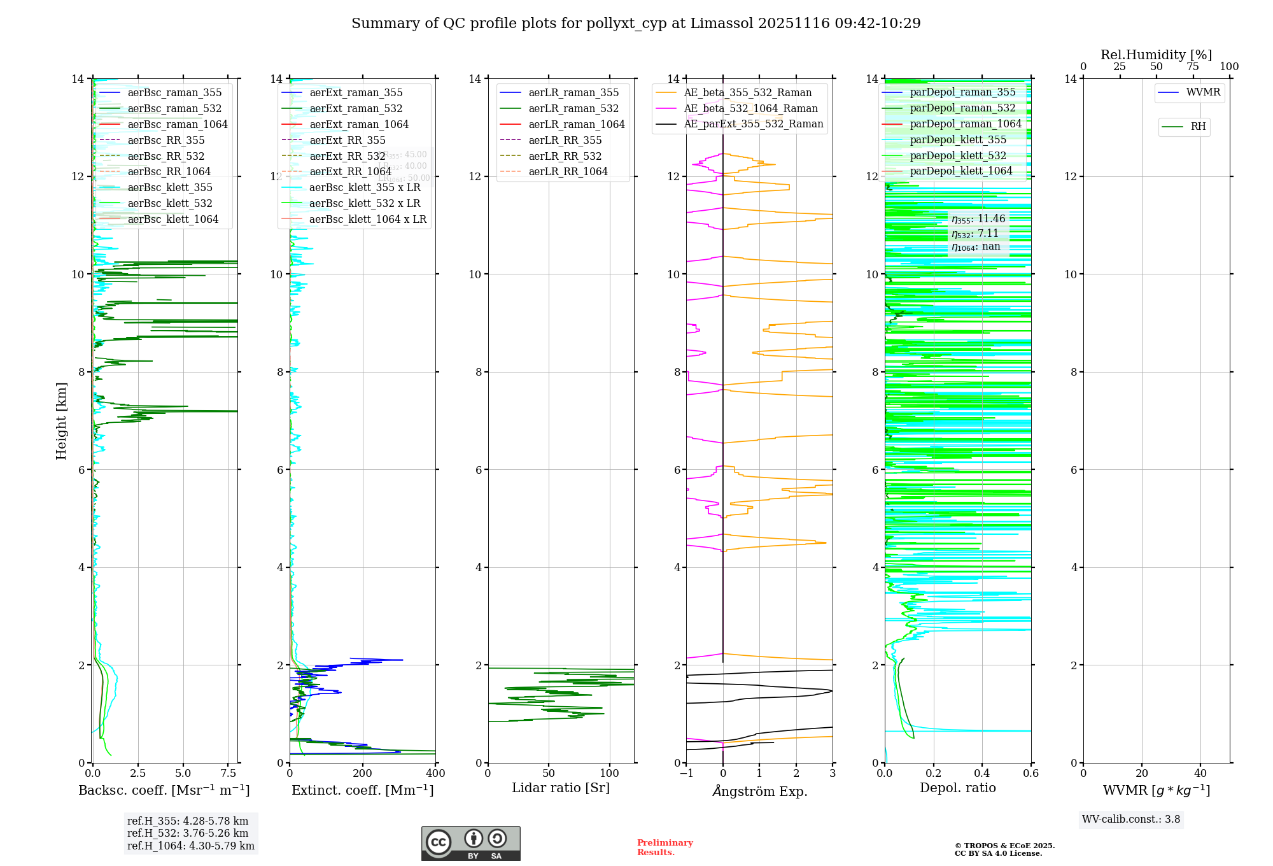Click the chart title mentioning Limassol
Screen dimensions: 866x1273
click(x=636, y=24)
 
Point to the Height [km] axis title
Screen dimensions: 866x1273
click(x=61, y=421)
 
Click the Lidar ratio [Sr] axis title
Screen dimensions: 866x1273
click(x=561, y=788)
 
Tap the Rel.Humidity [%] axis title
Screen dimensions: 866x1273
click(x=1156, y=55)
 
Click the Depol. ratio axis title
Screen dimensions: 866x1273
click(x=957, y=788)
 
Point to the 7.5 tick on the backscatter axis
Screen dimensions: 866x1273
click(x=229, y=774)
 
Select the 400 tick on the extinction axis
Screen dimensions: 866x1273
click(x=435, y=774)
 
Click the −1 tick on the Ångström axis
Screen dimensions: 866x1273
click(x=686, y=774)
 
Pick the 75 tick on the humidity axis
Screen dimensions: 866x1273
click(x=1193, y=67)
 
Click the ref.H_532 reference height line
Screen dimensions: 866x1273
click(x=187, y=834)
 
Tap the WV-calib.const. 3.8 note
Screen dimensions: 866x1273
click(x=1131, y=820)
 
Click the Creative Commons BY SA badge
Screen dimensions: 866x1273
click(x=470, y=844)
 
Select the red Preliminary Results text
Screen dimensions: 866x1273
click(x=665, y=848)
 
